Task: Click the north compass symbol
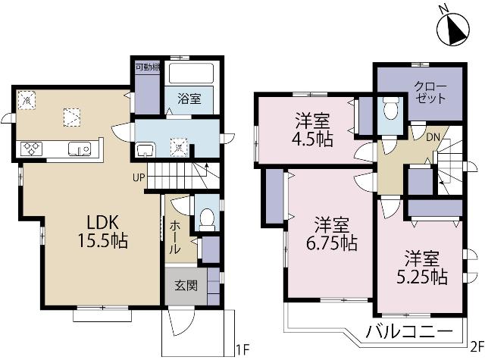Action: coord(452,30)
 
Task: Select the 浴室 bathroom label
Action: coord(189,98)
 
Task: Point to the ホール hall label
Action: coord(174,236)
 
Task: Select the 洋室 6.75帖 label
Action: coord(333,234)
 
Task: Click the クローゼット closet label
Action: coord(430,93)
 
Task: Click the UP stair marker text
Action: coord(138,178)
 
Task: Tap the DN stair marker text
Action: coord(431,137)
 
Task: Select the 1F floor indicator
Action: coord(242,349)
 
